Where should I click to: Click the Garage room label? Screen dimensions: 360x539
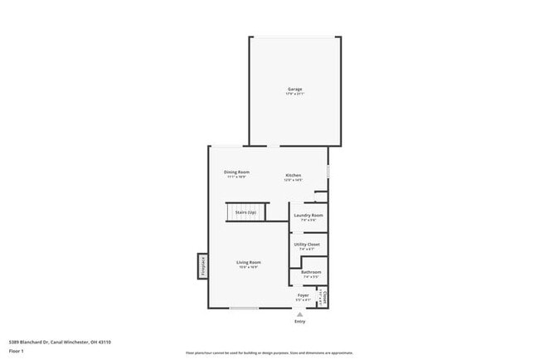point(294,89)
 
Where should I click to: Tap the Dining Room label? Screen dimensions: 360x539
point(236,172)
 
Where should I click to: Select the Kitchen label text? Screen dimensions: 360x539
point(294,175)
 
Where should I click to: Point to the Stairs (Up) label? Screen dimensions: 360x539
point(245,212)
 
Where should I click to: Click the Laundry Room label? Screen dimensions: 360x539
point(308,215)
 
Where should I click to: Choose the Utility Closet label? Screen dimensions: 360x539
point(307,244)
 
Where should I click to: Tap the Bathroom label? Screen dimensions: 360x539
point(311,272)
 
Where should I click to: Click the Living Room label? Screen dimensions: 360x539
point(249,262)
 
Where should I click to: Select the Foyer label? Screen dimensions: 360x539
point(303,294)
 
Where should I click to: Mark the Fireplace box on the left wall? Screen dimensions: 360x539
point(202,265)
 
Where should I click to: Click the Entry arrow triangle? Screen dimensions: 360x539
point(299,314)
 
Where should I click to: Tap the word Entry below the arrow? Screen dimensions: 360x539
point(299,321)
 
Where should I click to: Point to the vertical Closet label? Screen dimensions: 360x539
point(325,296)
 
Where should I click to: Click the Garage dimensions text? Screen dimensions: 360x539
point(294,94)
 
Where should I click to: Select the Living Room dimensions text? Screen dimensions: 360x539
point(249,267)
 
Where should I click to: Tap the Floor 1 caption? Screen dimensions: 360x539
point(17,351)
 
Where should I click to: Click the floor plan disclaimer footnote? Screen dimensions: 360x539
point(269,352)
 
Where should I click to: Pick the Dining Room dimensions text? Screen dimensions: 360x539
point(236,177)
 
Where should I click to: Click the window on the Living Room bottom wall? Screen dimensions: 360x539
point(243,309)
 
